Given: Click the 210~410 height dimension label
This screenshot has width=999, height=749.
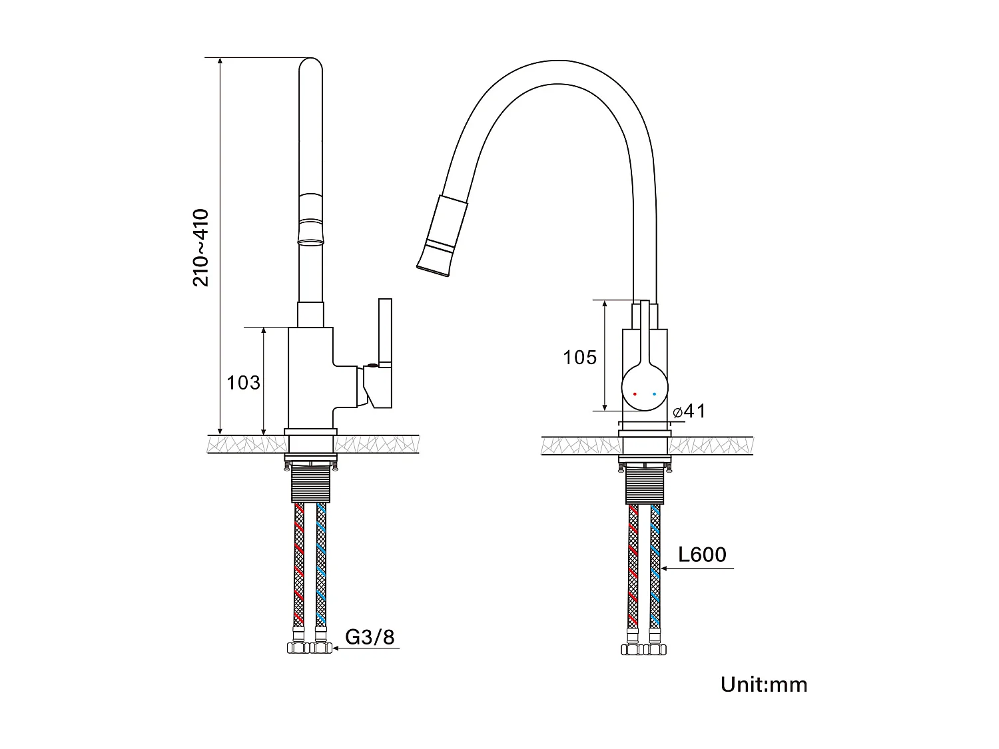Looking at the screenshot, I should pyautogui.click(x=201, y=248).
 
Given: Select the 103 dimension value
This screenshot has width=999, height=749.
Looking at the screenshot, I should pyautogui.click(x=243, y=383).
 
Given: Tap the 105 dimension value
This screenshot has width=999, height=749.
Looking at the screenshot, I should pyautogui.click(x=579, y=358).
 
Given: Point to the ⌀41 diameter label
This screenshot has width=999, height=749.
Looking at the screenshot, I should pyautogui.click(x=689, y=411).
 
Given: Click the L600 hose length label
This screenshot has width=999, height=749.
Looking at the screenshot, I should pyautogui.click(x=702, y=555).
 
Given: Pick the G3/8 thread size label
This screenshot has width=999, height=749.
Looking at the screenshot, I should pyautogui.click(x=370, y=637).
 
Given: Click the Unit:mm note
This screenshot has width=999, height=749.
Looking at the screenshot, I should pyautogui.click(x=763, y=684).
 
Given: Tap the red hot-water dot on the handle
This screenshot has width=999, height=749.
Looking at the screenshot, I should pyautogui.click(x=635, y=394).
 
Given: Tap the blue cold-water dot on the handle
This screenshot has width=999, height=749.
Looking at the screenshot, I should pyautogui.click(x=654, y=394).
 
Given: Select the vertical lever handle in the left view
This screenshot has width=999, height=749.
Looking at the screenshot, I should pyautogui.click(x=385, y=333).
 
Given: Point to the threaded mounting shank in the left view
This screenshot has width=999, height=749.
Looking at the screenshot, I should pyautogui.click(x=310, y=483).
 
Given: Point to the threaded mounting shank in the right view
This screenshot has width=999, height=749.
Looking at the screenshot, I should pyautogui.click(x=644, y=485).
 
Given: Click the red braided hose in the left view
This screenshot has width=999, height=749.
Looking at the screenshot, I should pyautogui.click(x=299, y=566).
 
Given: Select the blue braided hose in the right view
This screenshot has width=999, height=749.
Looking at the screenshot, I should pyautogui.click(x=655, y=566).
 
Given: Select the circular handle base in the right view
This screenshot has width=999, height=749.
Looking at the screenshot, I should pyautogui.click(x=645, y=388).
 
